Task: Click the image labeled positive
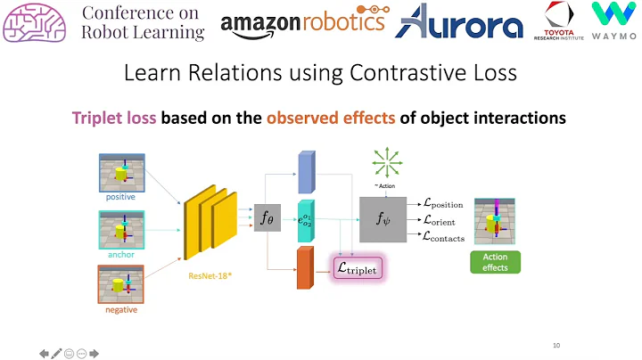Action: point(121,171)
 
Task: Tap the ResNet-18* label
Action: point(211,276)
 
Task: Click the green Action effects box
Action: point(495,262)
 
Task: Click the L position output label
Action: point(443,205)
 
